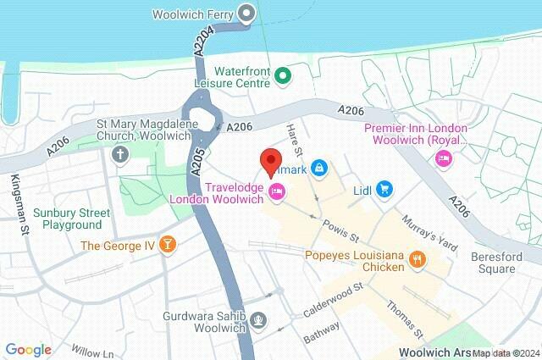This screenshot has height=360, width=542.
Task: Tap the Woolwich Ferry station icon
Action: click(x=246, y=13)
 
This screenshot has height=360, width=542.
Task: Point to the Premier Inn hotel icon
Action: click(x=442, y=158)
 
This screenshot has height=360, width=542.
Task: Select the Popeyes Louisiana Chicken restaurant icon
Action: click(x=416, y=259)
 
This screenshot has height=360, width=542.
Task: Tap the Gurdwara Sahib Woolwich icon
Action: click(x=260, y=319)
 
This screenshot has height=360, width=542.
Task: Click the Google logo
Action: click(x=28, y=349)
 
